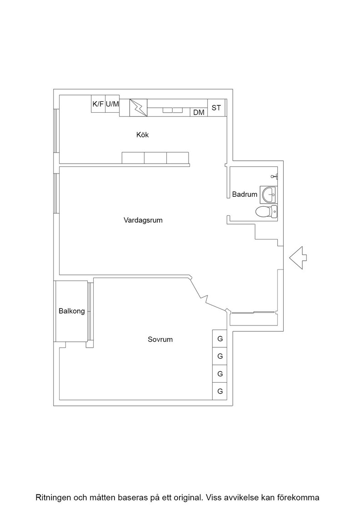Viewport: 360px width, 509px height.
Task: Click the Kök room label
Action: tap(143, 135)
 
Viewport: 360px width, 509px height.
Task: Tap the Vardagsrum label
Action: tap(143, 220)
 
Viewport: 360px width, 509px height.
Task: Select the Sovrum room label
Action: tap(160, 339)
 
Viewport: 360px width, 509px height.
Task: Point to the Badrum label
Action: tap(245, 195)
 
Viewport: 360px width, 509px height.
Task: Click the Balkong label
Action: tap(72, 311)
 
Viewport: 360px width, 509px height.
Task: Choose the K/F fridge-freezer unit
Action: tap(98, 104)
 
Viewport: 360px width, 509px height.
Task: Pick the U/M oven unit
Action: tap(112, 104)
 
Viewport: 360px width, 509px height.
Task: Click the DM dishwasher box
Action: tap(199, 112)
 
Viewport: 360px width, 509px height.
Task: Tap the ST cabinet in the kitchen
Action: tap(216, 108)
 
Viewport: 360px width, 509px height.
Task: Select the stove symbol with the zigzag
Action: tap(139, 108)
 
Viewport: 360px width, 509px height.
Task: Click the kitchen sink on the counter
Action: tap(172, 110)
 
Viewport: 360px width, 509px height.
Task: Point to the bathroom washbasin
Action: tap(269, 195)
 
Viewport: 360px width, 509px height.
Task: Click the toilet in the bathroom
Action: tap(266, 212)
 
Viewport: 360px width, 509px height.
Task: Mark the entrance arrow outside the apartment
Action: tap(298, 258)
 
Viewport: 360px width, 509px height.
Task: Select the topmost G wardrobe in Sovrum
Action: tap(220, 339)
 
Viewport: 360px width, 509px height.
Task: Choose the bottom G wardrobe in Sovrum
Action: tap(220, 391)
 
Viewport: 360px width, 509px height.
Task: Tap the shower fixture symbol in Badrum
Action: tap(275, 176)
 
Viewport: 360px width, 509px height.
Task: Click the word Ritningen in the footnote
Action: tap(54, 497)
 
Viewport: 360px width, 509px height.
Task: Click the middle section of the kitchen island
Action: tap(155, 158)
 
